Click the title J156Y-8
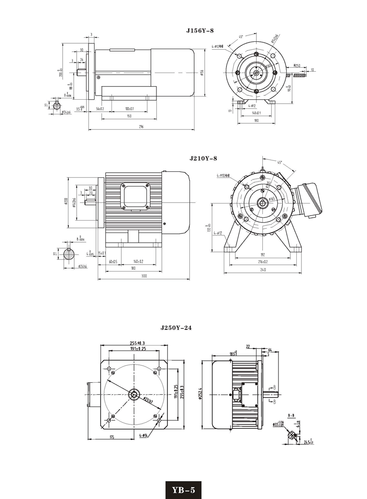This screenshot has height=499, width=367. pyautogui.click(x=200, y=31)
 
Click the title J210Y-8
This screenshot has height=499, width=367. pyautogui.click(x=203, y=159)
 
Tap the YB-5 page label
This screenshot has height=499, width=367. pyautogui.click(x=183, y=490)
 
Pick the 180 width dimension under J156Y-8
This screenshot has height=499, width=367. pyautogui.click(x=256, y=120)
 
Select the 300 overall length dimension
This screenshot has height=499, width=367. pyautogui.click(x=145, y=276)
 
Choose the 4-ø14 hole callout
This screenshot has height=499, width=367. pyautogui.click(x=143, y=435)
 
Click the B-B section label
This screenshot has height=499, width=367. pyautogui.click(x=291, y=415)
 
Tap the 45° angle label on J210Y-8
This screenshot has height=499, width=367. pyautogui.click(x=280, y=162)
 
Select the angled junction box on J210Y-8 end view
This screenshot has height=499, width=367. pyautogui.click(x=307, y=198)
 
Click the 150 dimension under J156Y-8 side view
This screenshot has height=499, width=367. pyautogui.click(x=129, y=116)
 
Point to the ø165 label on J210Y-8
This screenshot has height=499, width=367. pyautogui.click(x=272, y=198)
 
